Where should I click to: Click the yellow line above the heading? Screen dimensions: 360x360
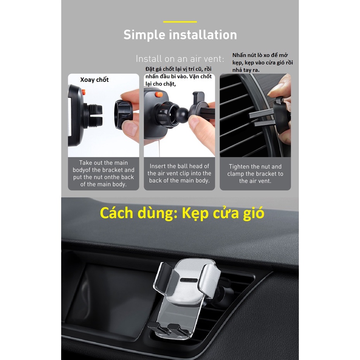coord(180,22)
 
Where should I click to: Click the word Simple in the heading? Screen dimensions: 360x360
coord(144,35)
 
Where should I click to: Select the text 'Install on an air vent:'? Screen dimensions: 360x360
coord(180,59)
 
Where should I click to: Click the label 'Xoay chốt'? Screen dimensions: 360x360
coord(94,80)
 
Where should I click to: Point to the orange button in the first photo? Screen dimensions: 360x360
coord(84,92)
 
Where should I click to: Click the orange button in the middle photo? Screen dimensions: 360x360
coord(159,94)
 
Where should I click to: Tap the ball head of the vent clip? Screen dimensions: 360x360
coord(183,115)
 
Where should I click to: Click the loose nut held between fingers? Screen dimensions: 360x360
coord(123,114)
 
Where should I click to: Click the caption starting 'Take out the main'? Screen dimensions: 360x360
coord(103,173)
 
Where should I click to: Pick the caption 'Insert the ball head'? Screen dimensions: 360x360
coord(179,173)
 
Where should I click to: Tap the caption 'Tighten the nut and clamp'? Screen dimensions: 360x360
coord(255,173)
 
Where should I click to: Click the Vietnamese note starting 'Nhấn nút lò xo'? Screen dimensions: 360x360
coord(262,62)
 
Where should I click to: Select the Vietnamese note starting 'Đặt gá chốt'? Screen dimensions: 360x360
coord(178,76)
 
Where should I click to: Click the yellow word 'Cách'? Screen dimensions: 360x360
coord(117,213)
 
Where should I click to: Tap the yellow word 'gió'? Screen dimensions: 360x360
coord(254,214)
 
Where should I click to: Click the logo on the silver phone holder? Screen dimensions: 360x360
coord(189,280)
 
